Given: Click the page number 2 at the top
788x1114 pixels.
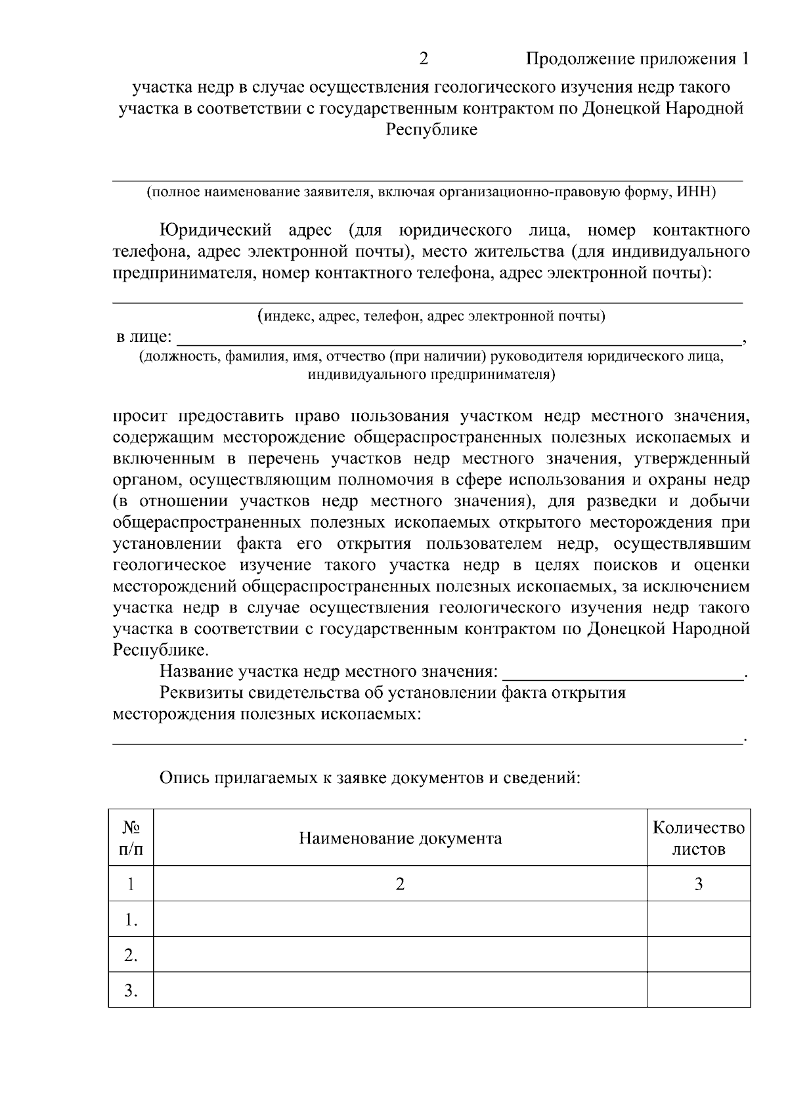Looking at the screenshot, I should tap(424, 60).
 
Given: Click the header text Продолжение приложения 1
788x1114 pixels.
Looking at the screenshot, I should tap(636, 60).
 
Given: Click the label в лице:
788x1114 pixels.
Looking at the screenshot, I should tap(144, 338).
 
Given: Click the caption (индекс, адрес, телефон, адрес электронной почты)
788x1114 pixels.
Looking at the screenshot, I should tap(431, 316).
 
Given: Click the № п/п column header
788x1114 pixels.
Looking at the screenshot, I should tap(131, 838).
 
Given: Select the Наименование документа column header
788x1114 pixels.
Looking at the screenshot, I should tap(400, 839).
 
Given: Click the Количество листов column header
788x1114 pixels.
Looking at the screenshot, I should tap(699, 838).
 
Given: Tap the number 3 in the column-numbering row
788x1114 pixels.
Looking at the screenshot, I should tap(699, 884).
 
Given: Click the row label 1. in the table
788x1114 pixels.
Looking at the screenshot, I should tap(131, 920).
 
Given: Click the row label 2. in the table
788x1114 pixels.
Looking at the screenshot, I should tap(131, 955).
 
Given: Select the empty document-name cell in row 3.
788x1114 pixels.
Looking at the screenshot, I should tap(400, 990).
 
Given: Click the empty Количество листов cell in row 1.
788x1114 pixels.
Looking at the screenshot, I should tap(699, 919).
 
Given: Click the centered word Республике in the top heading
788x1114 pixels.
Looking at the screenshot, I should tap(431, 130).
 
